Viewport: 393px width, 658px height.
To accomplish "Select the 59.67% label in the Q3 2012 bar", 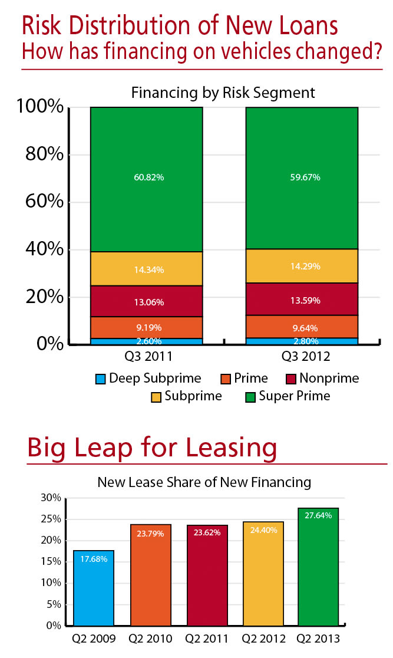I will tap(302, 177).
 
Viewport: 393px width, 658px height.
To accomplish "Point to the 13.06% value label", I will tap(146, 302).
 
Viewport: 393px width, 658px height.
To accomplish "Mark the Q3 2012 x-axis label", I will tap(301, 357).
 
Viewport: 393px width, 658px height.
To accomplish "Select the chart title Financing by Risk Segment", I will tap(223, 93).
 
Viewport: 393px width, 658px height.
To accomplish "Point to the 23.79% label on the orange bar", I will tap(150, 532).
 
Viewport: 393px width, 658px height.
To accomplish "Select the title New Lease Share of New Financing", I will tap(204, 482).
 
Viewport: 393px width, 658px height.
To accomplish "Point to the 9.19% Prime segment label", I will tap(146, 327).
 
